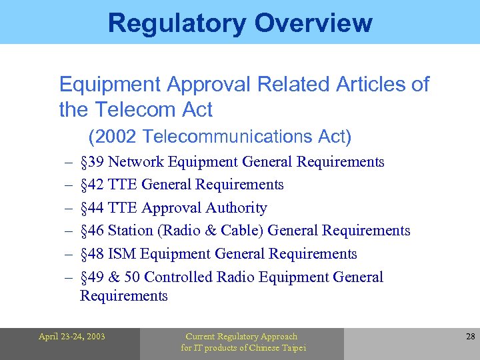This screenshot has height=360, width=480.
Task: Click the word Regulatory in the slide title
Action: pyautogui.click(x=170, y=23)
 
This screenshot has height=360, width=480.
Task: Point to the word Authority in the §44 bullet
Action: pyautogui.click(x=239, y=208)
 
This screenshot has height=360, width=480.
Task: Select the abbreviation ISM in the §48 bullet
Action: pyautogui.click(x=122, y=254)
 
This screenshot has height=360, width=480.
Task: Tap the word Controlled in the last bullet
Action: pyautogui.click(x=175, y=277)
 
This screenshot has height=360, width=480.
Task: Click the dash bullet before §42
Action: pyautogui.click(x=69, y=185)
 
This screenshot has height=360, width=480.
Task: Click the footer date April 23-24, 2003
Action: pyautogui.click(x=71, y=337)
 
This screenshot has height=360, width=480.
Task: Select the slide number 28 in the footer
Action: pyautogui.click(x=470, y=337)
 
